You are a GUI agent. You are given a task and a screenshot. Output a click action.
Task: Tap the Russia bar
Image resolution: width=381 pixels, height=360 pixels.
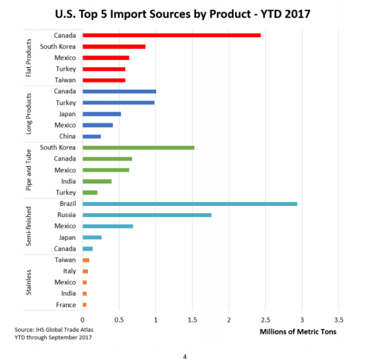pos(147,215)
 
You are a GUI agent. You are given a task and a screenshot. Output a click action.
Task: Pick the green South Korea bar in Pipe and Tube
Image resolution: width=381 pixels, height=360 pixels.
pos(138,148)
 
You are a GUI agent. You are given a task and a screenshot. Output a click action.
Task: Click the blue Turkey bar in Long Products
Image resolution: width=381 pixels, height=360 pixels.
pos(118,103)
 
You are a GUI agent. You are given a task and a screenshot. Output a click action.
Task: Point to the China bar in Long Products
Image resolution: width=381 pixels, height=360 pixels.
pos(91,137)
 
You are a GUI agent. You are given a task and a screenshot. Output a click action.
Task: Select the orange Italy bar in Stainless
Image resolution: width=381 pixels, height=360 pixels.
pos(85,271)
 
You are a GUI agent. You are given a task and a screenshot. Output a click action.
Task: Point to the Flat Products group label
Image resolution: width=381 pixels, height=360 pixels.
pos(29,58)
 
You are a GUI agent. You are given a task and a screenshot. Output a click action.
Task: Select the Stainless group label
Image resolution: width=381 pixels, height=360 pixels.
pos(29,282)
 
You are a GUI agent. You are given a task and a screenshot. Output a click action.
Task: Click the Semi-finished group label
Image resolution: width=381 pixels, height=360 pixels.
pos(29,226)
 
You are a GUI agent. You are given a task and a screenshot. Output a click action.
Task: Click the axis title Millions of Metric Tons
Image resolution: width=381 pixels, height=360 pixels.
pos(298,332)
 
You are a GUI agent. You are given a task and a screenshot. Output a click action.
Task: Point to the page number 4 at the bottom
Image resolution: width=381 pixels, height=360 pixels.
pos(184,356)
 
